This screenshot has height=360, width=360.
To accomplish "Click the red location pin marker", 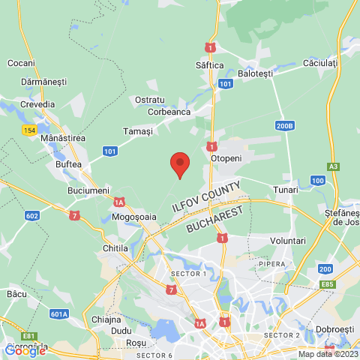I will (x=179, y=163).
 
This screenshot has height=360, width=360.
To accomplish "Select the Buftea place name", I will (x=69, y=164).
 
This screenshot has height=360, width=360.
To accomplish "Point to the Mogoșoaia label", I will (x=133, y=217).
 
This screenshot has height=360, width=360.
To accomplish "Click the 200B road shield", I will (x=284, y=126).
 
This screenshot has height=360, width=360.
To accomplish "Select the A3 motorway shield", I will (x=333, y=166).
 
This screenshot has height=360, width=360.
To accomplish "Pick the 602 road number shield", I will (x=31, y=216).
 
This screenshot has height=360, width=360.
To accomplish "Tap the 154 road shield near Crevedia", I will (x=29, y=130).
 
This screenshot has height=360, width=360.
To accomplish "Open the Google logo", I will (x=25, y=349).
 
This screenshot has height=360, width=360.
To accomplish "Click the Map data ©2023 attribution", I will (x=327, y=354).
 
